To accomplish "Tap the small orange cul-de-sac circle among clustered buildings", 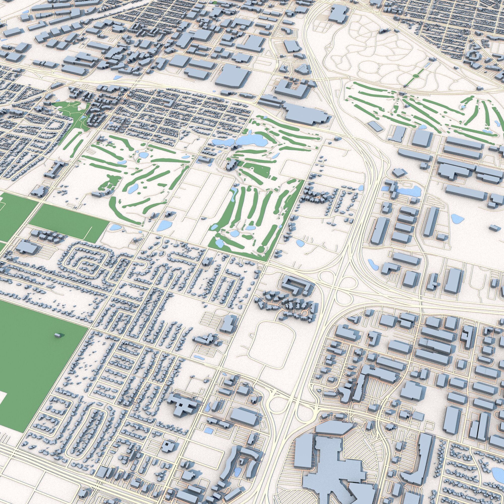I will tap(304, 312).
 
